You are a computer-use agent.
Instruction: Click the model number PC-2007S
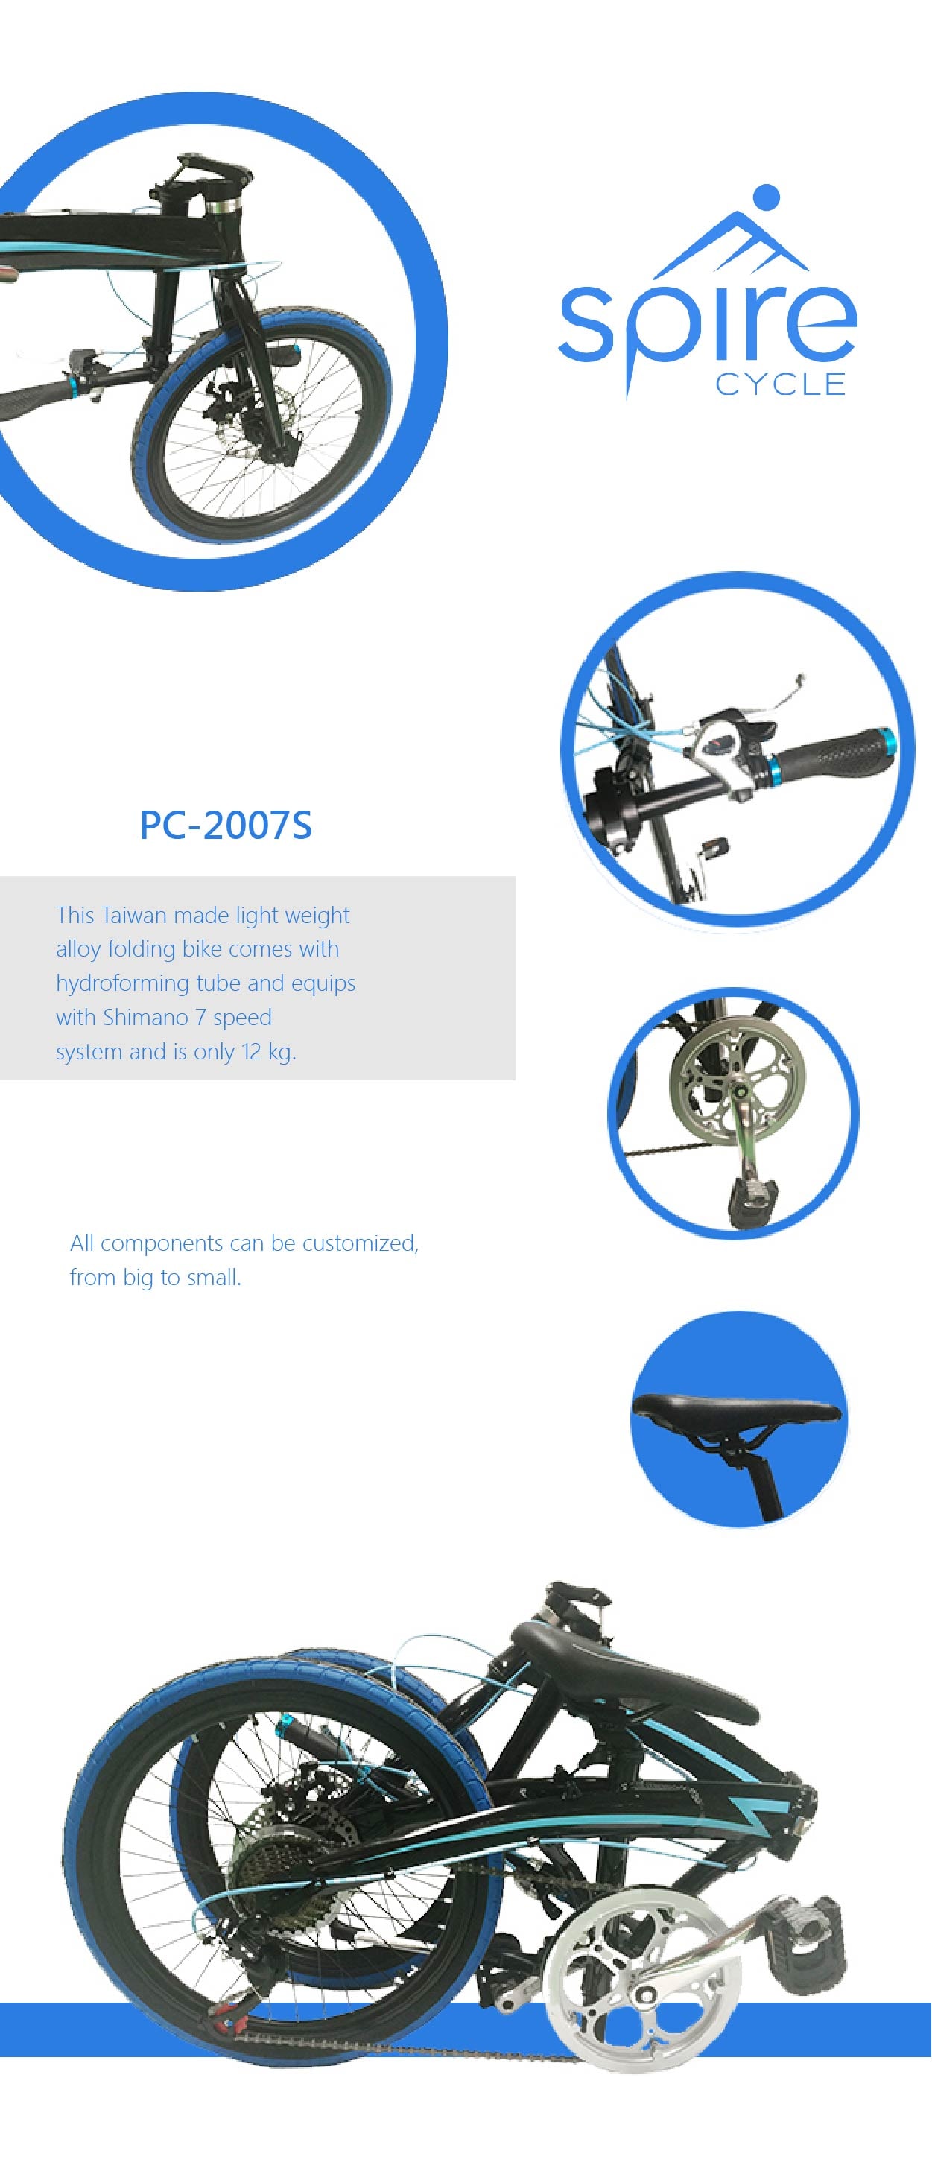[225, 825]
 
